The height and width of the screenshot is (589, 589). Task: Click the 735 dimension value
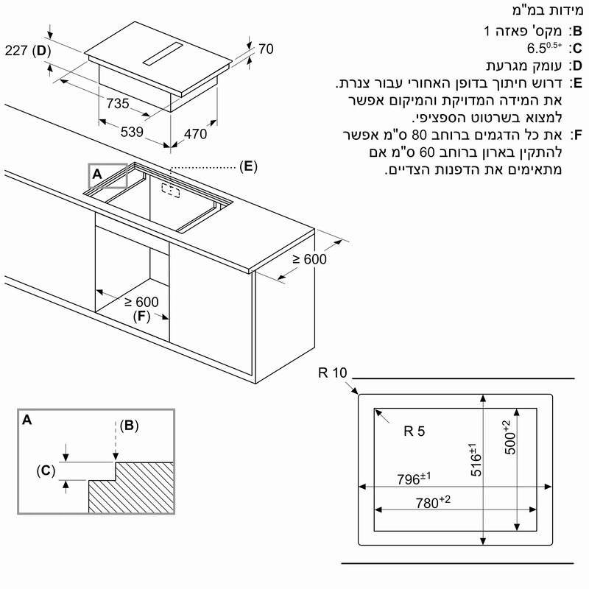tap(118, 103)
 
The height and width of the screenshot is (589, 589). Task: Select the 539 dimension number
tap(132, 132)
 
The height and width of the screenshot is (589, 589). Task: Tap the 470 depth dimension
tap(195, 134)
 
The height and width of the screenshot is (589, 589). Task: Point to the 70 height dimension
tap(266, 49)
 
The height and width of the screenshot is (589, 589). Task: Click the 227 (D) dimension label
tap(28, 50)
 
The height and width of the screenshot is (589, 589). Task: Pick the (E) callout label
tap(248, 166)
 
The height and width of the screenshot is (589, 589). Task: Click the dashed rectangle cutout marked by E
tap(171, 191)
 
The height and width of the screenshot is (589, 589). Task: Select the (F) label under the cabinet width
tap(141, 316)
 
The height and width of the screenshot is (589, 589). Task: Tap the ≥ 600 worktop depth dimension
tap(309, 259)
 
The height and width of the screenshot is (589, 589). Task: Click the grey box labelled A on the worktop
tap(107, 175)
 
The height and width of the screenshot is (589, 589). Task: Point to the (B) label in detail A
tap(130, 426)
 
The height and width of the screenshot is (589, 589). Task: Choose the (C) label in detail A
tap(46, 470)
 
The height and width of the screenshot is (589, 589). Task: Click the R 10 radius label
tap(333, 373)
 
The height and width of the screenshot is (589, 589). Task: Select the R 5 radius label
tap(415, 431)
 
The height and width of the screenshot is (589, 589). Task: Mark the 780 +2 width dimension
tap(433, 502)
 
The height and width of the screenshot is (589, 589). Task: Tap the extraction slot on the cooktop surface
tap(163, 54)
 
